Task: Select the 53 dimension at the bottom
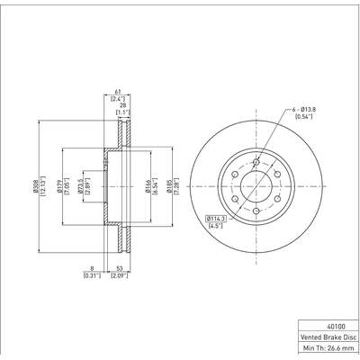pos(120,267)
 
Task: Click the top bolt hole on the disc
pos(256,163)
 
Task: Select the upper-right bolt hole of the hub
pos(274,174)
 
